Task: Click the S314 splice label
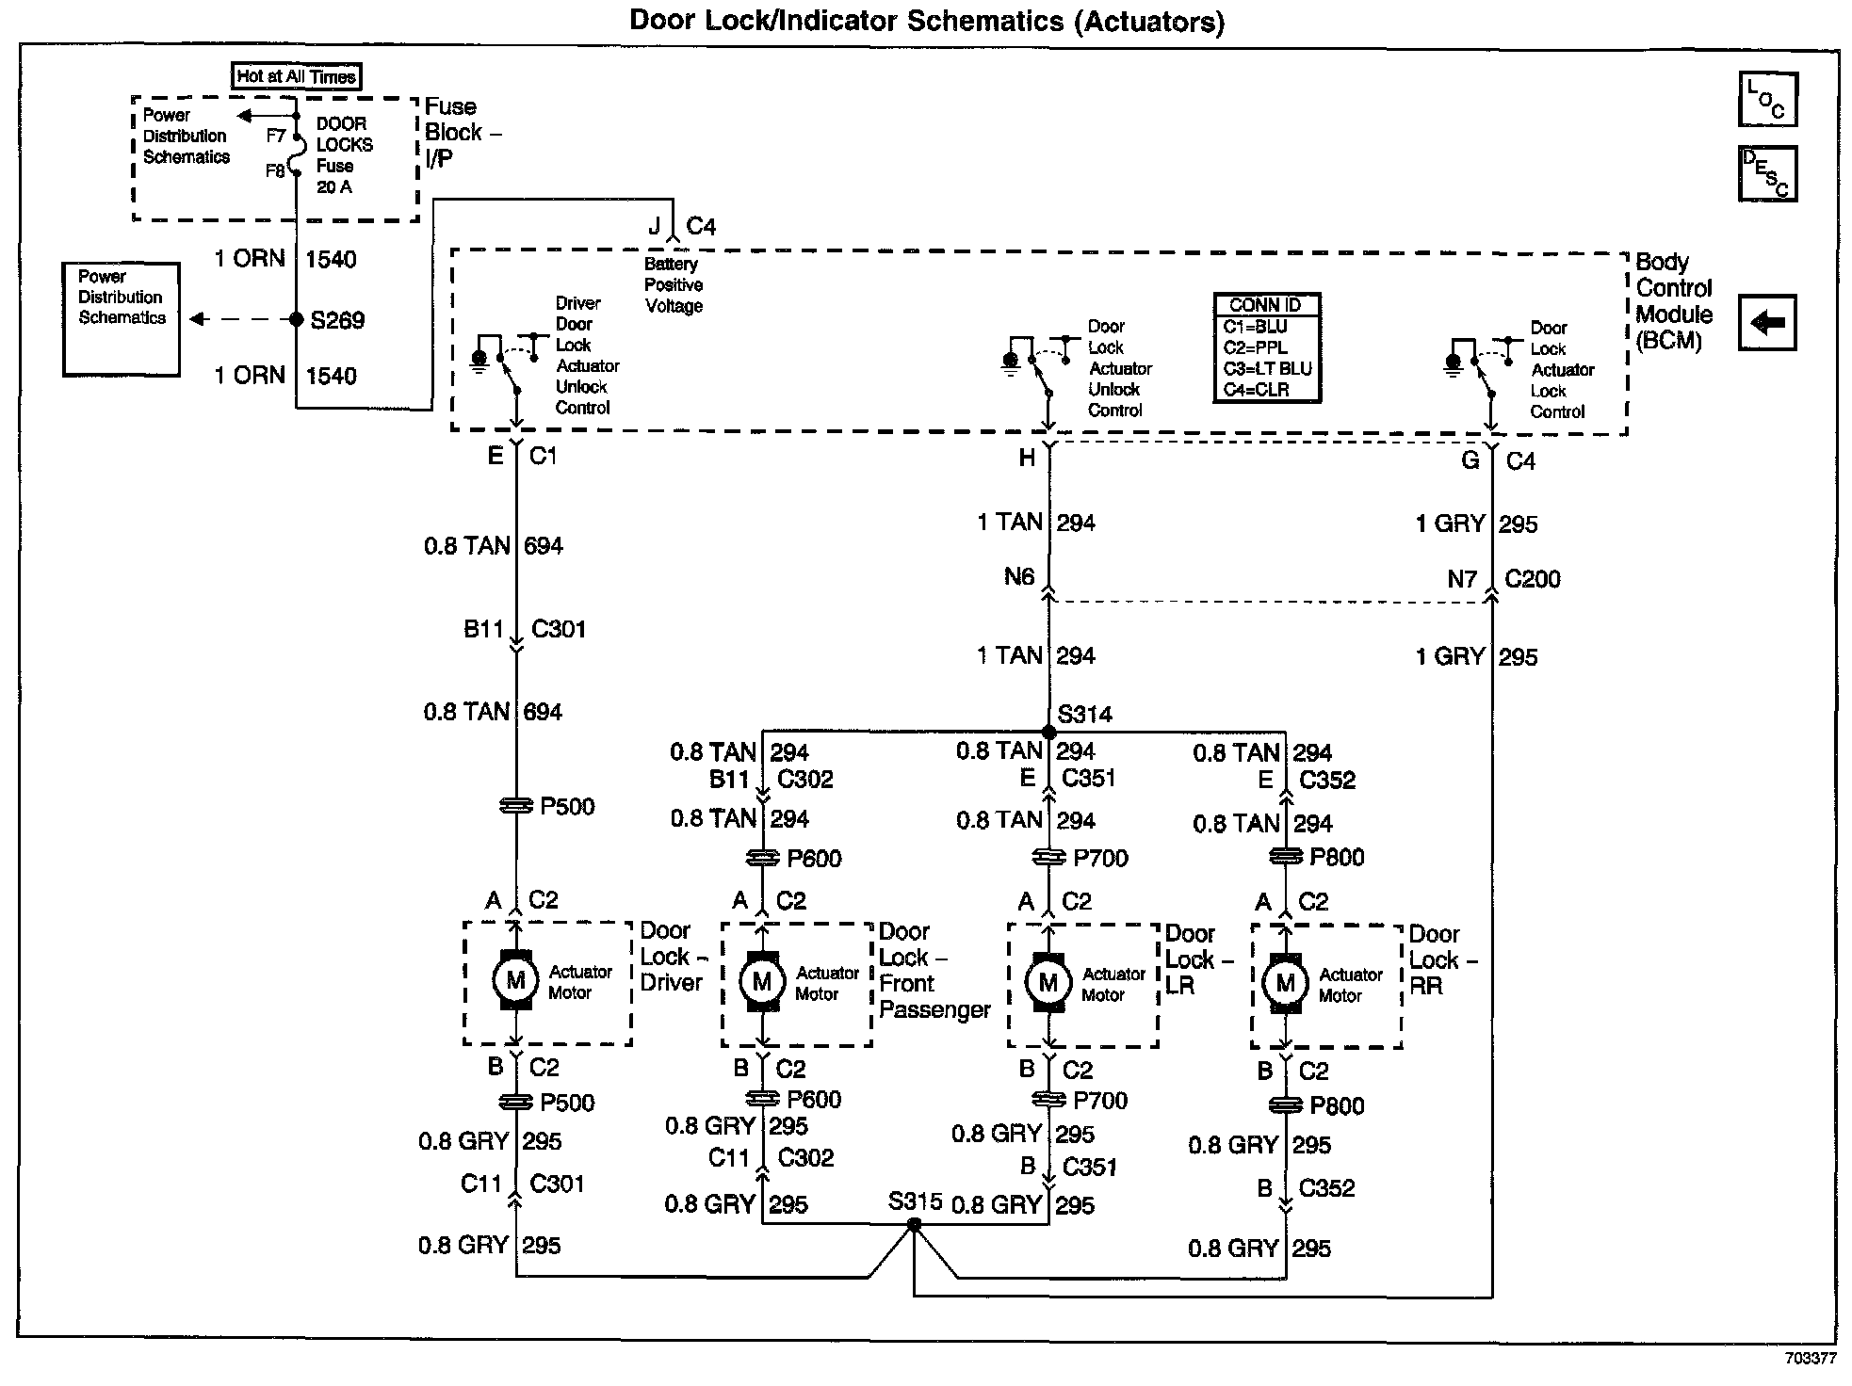(1084, 715)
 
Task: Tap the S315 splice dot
(913, 1225)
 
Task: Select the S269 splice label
(337, 320)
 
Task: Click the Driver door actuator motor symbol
(515, 981)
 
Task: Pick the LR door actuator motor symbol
(1048, 983)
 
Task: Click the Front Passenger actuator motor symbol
(762, 982)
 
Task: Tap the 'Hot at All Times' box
(296, 76)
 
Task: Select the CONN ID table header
(1265, 305)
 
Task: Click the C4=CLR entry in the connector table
(1256, 389)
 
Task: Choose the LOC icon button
(1767, 99)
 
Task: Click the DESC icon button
(1767, 173)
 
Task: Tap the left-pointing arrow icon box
(1767, 323)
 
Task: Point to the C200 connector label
(1532, 579)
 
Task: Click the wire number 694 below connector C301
(543, 712)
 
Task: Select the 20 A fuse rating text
(333, 187)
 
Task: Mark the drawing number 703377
(1810, 1359)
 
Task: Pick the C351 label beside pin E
(1088, 779)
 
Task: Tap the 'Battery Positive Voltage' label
(674, 285)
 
